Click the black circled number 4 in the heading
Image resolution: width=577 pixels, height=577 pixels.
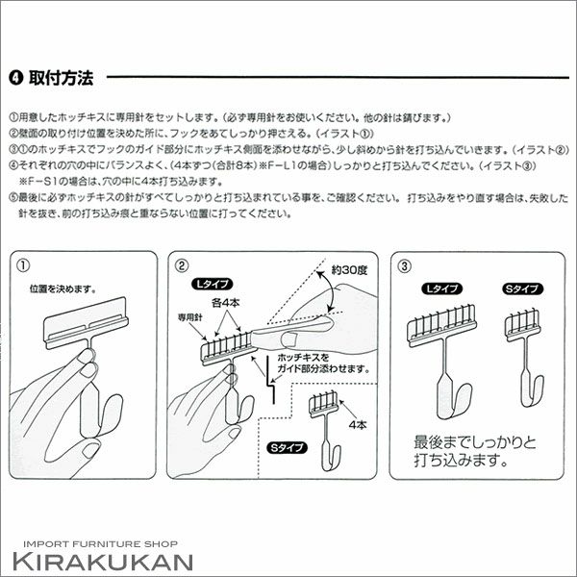point(15,78)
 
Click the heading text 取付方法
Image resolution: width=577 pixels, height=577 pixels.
point(62,78)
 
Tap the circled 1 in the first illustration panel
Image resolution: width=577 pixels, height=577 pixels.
point(23,265)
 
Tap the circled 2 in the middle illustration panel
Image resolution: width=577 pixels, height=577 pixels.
point(181,265)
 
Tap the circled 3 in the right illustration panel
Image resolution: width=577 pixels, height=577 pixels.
point(404,266)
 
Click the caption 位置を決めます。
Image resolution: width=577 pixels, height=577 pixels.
point(63,289)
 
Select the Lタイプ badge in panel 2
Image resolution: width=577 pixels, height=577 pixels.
point(212,284)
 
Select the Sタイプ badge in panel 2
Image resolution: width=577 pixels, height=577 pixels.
point(287,447)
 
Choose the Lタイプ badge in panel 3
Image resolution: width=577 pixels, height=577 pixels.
point(442,288)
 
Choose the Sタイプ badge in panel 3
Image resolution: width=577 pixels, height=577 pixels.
point(522,288)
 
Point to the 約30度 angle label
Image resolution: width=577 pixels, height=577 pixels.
point(349,270)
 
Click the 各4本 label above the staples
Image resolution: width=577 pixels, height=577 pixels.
point(226,303)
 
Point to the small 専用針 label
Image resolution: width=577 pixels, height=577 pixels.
point(189,317)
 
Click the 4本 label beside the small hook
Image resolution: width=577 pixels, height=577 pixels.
point(358,425)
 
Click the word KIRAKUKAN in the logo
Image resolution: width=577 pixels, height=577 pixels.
point(103,562)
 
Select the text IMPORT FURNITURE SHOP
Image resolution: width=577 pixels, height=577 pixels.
point(100,544)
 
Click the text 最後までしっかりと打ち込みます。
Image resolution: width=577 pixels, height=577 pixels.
point(475,451)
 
